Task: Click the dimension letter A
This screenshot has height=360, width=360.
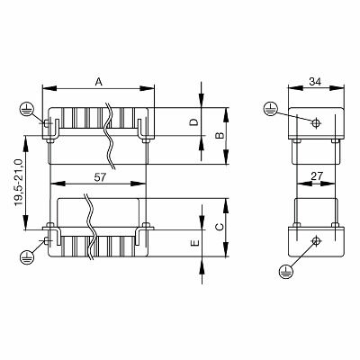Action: point(98,81)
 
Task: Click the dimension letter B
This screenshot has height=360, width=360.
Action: point(216,136)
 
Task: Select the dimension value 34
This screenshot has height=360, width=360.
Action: point(315,81)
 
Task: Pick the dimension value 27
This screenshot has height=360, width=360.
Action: point(315,177)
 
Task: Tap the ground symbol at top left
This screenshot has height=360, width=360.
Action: point(27,111)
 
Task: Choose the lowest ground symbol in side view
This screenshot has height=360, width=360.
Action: point(286,269)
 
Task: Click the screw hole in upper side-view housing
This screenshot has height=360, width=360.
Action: point(316,122)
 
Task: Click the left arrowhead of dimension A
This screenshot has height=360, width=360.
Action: point(47,88)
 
